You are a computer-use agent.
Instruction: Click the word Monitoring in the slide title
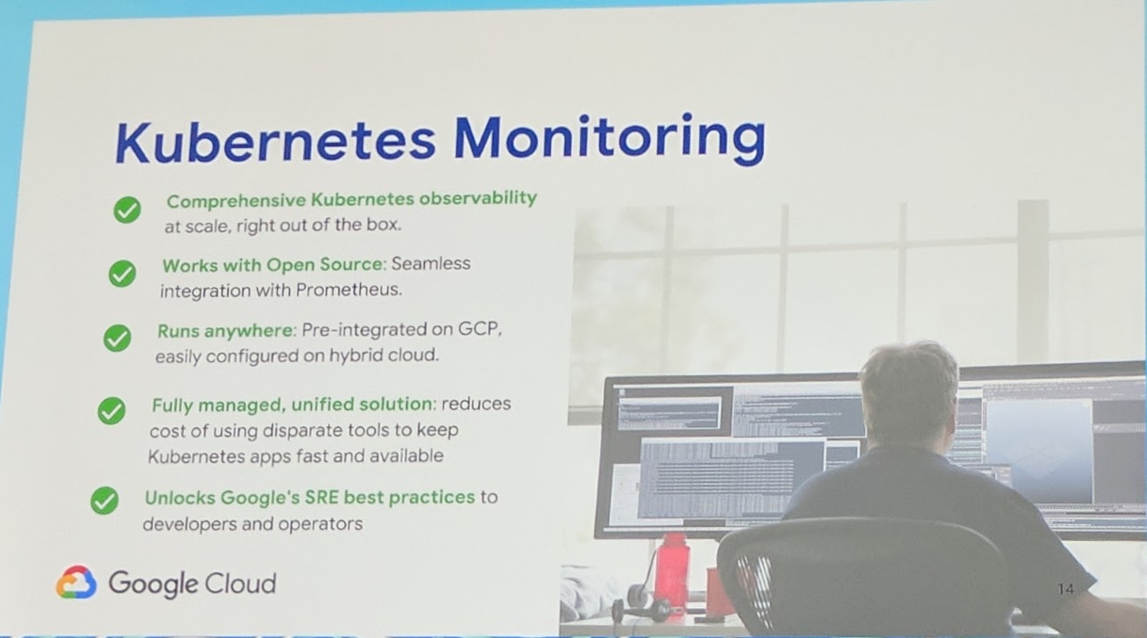[x=609, y=140]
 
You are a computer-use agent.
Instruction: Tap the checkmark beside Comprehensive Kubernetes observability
[x=127, y=210]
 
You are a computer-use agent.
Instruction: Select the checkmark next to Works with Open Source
[x=122, y=274]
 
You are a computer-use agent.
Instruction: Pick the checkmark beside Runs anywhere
[x=117, y=338]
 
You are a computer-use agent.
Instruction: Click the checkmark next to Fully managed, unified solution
[x=111, y=410]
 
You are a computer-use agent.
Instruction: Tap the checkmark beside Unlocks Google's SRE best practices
[x=104, y=501]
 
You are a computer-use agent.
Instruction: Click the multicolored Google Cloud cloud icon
[x=76, y=582]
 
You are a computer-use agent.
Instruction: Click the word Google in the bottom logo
[x=153, y=583]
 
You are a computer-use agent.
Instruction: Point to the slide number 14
[x=1065, y=589]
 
